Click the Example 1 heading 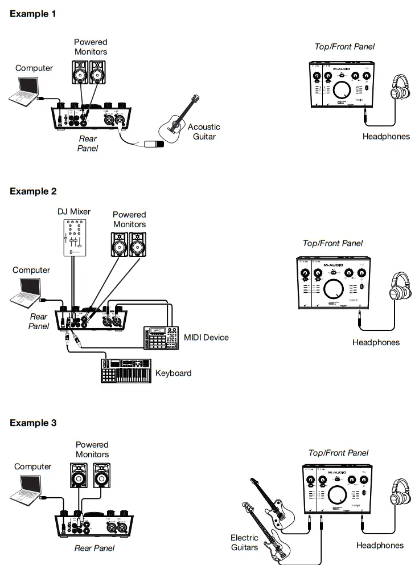[33, 14]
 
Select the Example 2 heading [33, 191]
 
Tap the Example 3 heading [33, 423]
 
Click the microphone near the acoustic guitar [153, 144]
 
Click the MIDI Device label [206, 337]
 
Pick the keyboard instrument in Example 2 [126, 371]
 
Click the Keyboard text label [173, 374]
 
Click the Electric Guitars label [244, 542]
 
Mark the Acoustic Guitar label [204, 132]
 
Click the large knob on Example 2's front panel [334, 288]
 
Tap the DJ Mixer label [73, 212]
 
